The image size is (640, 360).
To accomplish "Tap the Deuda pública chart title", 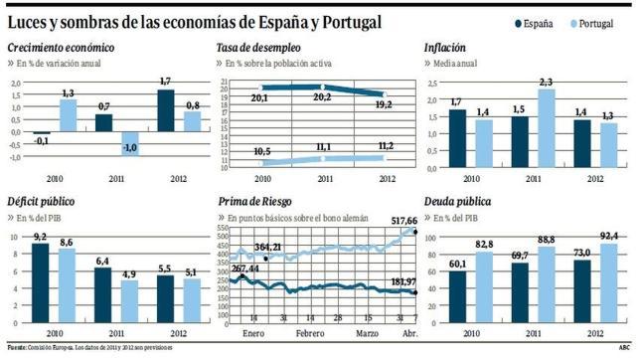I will [457, 201].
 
